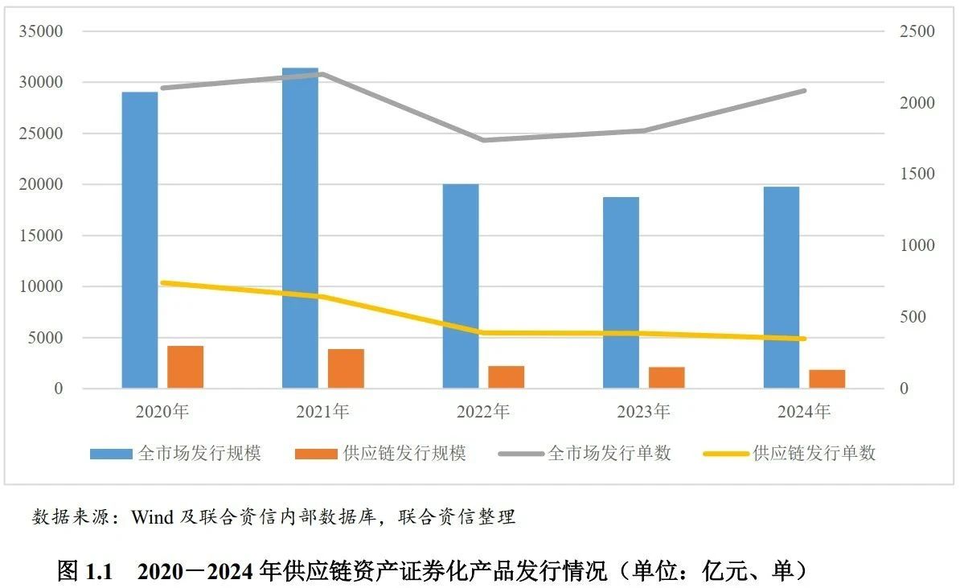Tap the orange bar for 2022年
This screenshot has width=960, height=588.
[506, 377]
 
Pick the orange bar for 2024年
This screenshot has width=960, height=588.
[827, 379]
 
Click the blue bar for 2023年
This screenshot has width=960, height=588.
[621, 293]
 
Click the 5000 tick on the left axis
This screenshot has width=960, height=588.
[47, 338]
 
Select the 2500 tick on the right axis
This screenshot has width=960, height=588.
[917, 31]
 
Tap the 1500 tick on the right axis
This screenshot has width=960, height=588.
[917, 175]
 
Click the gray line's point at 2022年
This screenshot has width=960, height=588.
[483, 140]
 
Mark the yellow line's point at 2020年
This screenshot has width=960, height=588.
[162, 283]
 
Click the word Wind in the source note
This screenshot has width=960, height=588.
[153, 517]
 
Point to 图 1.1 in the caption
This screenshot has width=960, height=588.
[88, 571]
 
